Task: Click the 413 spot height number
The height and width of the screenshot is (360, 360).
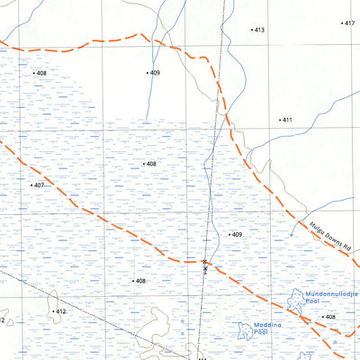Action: tap(259, 31)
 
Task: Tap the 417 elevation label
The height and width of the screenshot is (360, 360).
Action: tap(350, 23)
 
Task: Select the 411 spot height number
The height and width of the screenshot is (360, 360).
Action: tap(287, 120)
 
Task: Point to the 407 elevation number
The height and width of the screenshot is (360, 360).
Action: tap(38, 185)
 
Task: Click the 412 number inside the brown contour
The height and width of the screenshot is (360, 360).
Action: tap(60, 311)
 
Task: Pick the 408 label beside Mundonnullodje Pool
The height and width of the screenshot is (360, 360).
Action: tap(330, 317)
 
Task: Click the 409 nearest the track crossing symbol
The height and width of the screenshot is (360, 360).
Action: tap(237, 235)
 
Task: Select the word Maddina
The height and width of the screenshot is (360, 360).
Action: tap(254, 324)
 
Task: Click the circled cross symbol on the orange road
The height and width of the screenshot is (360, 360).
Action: tap(205, 262)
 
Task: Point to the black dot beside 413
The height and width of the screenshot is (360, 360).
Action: tap(251, 31)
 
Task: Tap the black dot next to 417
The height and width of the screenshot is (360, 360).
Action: tap(343, 23)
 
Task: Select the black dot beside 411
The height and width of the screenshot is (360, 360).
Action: tap(279, 120)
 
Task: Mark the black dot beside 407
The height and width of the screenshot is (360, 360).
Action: tap(30, 185)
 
